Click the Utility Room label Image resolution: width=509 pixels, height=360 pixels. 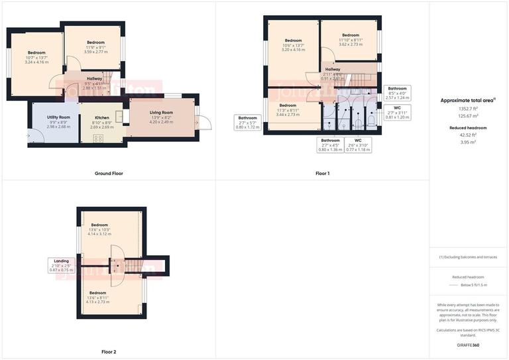[x=59, y=117]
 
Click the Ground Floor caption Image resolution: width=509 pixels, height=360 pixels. [x=108, y=174]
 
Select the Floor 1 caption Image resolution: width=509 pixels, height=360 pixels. [x=322, y=174]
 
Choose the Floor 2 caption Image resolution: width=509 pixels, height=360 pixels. [x=108, y=352]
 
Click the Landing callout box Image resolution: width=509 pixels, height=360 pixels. [x=60, y=266]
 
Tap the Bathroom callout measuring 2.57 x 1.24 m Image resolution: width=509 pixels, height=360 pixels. [x=397, y=93]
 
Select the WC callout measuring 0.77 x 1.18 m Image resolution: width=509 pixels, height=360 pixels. [x=358, y=145]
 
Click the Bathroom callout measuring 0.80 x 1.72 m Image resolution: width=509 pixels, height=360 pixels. [x=249, y=122]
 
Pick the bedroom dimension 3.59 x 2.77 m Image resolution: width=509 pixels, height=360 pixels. [x=95, y=51]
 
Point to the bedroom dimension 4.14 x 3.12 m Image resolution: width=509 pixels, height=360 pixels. [x=99, y=234]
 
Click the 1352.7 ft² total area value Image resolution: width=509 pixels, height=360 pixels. [x=469, y=108]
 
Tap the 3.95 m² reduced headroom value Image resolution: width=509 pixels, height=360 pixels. [x=469, y=141]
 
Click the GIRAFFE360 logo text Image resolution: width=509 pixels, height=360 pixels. [x=469, y=345]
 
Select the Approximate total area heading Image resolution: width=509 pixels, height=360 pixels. [x=469, y=100]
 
